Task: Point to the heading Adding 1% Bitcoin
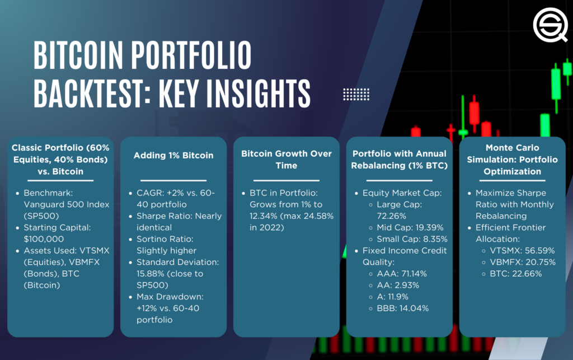[173, 155]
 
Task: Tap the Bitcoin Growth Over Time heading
[286, 160]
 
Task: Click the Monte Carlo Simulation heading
[512, 160]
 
